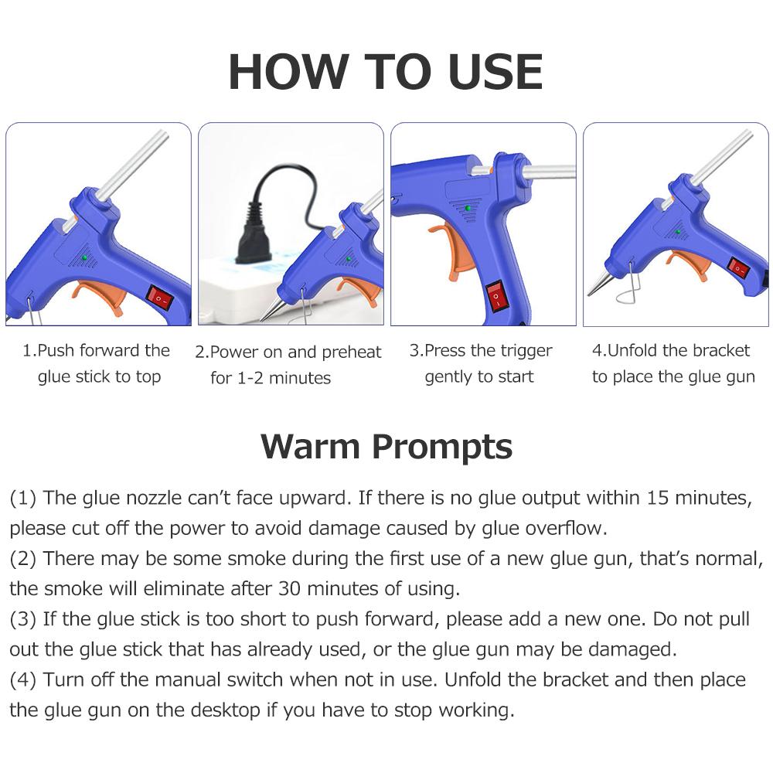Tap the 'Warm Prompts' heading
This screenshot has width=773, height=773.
pos(386,446)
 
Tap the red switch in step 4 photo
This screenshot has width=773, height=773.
pos(737,268)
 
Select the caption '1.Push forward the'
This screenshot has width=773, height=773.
pos(96,351)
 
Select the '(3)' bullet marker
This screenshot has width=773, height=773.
pos(22,619)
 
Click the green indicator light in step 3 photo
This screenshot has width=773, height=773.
pos(468,208)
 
